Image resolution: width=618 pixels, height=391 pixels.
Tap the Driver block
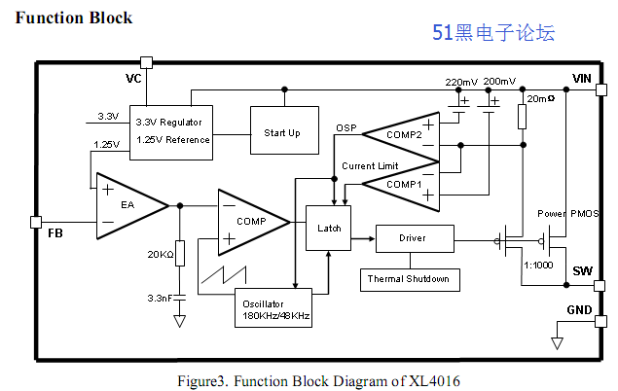click(x=413, y=237)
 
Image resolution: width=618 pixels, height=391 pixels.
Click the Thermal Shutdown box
click(x=409, y=279)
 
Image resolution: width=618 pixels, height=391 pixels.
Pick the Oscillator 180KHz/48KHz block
click(x=277, y=308)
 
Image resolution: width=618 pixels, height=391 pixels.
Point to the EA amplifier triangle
click(x=128, y=205)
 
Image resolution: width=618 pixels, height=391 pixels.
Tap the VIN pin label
click(x=582, y=79)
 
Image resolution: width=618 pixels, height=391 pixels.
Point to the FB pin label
click(x=55, y=233)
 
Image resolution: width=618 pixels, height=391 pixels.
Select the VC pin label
click(x=134, y=78)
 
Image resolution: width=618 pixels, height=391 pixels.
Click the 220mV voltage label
click(x=461, y=82)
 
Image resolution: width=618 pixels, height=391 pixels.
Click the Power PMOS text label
click(x=568, y=214)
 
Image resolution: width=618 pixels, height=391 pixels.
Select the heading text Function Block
click(x=74, y=18)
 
